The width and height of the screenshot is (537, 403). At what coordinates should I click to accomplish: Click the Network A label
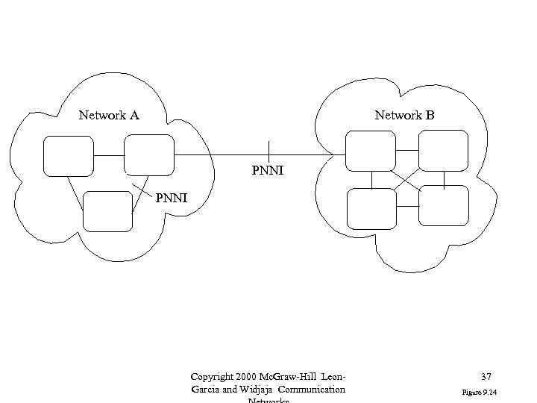pos(109,116)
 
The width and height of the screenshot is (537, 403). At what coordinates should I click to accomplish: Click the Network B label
pos(404,116)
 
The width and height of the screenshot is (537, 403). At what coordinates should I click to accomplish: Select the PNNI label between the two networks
pos(268,172)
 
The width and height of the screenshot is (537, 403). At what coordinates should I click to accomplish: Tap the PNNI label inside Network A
pos(172,199)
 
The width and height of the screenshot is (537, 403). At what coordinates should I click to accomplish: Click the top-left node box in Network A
pos(69,155)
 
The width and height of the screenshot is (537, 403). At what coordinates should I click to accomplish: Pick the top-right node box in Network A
pos(148,155)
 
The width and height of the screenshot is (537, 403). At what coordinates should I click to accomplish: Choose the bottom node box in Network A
pos(107,211)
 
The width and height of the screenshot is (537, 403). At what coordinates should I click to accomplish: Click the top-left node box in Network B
pos(371,150)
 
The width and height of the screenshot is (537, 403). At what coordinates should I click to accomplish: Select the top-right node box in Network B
pos(443,150)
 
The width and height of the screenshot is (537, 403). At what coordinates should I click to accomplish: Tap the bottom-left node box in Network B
pos(371,207)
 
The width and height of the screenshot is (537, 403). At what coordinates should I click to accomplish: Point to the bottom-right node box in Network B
pos(443,205)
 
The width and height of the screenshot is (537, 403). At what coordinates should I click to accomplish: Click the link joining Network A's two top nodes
pos(109,155)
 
